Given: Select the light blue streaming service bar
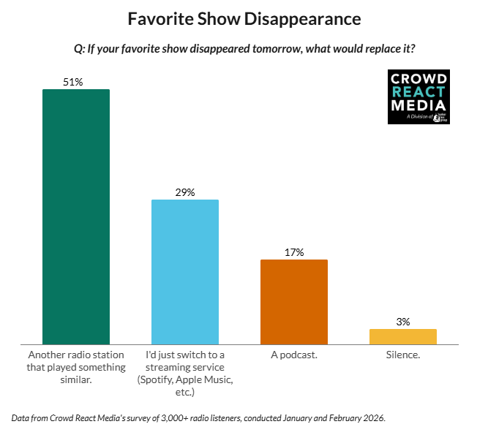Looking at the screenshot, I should (x=185, y=271).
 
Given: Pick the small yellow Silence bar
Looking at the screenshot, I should (x=403, y=336).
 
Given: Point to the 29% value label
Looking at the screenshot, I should (x=185, y=192).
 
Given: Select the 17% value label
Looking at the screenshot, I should (x=294, y=252).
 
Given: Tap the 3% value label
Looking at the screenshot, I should (x=403, y=322).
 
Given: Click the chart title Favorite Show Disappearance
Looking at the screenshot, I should (x=244, y=18).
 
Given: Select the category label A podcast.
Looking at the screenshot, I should (x=294, y=355).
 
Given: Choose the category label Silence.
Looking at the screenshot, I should (x=403, y=355).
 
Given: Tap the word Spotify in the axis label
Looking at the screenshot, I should (x=157, y=380).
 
